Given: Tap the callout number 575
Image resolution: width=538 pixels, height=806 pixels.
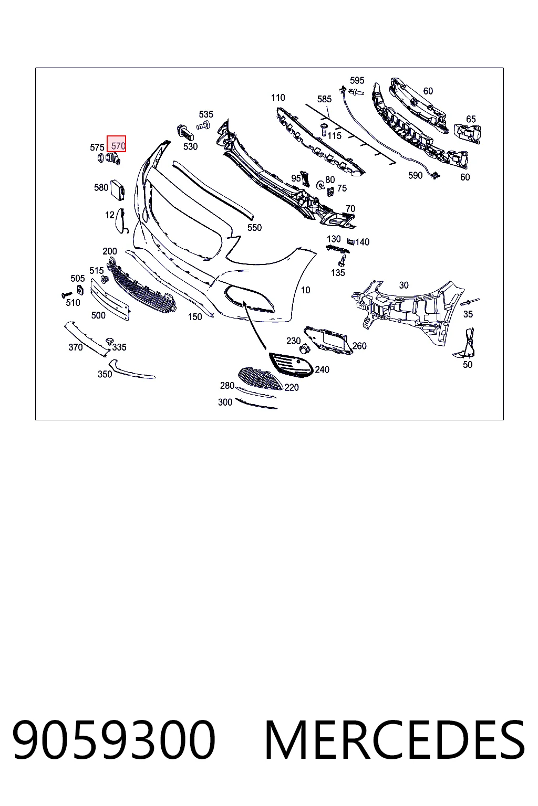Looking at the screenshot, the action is pyautogui.click(x=97, y=147).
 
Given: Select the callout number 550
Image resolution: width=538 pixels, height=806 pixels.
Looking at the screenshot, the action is pyautogui.click(x=254, y=227).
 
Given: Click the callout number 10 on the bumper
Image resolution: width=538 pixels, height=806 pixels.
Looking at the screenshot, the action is pyautogui.click(x=306, y=290).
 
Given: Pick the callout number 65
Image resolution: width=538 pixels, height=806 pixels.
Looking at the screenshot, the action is pyautogui.click(x=471, y=119).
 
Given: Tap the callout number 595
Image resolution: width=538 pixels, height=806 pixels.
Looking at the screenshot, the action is pyautogui.click(x=357, y=80).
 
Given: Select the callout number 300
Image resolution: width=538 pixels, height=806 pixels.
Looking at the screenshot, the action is pyautogui.click(x=225, y=402).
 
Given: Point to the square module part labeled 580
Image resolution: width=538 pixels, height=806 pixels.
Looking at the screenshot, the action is pyautogui.click(x=118, y=189).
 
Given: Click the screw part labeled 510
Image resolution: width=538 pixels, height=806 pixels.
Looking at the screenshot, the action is pyautogui.click(x=67, y=295).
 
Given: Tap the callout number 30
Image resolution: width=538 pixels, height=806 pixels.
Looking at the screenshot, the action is pyautogui.click(x=403, y=285).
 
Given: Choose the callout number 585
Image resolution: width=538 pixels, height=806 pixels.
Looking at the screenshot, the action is pyautogui.click(x=324, y=99).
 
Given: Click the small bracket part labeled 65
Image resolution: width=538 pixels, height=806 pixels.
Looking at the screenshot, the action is pyautogui.click(x=467, y=134).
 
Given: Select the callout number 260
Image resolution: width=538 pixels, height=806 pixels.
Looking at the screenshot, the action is pyautogui.click(x=359, y=346).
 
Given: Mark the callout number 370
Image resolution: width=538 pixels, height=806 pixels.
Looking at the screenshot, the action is pyautogui.click(x=76, y=347).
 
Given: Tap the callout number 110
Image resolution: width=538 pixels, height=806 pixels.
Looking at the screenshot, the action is pyautogui.click(x=278, y=98).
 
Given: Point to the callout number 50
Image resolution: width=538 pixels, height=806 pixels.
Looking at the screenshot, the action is pyautogui.click(x=468, y=365).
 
